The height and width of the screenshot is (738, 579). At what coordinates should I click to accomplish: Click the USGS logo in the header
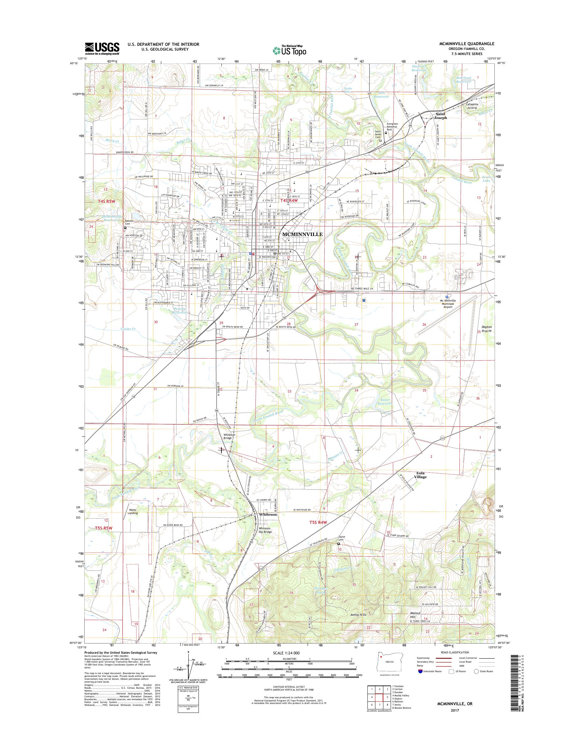(102, 48)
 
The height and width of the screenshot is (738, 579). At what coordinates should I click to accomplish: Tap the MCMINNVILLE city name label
(300, 234)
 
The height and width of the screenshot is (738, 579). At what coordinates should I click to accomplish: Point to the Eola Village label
(420, 475)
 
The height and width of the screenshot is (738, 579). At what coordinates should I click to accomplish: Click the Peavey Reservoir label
(180, 310)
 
